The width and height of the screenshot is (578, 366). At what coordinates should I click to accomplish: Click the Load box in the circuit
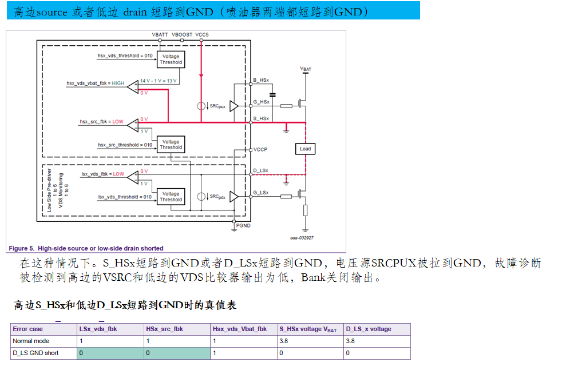click(305, 149)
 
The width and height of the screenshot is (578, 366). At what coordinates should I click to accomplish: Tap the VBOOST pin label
click(182, 35)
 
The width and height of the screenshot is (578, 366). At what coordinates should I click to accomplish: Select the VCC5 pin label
click(202, 35)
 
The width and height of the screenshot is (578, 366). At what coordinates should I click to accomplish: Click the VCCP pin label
click(260, 149)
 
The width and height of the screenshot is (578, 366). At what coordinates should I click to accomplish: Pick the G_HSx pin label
click(261, 102)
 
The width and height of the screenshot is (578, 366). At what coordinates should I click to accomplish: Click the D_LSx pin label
click(261, 171)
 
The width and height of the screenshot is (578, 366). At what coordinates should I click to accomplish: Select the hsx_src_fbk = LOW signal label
click(101, 122)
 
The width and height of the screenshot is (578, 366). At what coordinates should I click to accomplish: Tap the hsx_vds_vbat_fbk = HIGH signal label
click(95, 83)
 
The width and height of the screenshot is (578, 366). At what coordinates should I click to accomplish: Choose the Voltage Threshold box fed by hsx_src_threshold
click(171, 144)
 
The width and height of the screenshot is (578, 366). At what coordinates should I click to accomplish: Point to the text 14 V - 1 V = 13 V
click(158, 81)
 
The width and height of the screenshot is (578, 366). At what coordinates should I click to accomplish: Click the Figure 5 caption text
click(86, 248)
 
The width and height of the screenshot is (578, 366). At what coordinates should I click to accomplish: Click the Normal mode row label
click(27, 341)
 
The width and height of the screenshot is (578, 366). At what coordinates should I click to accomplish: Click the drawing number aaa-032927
click(301, 238)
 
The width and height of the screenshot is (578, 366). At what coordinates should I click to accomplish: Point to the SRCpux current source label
click(217, 106)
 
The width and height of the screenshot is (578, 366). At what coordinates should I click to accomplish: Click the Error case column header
click(28, 329)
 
